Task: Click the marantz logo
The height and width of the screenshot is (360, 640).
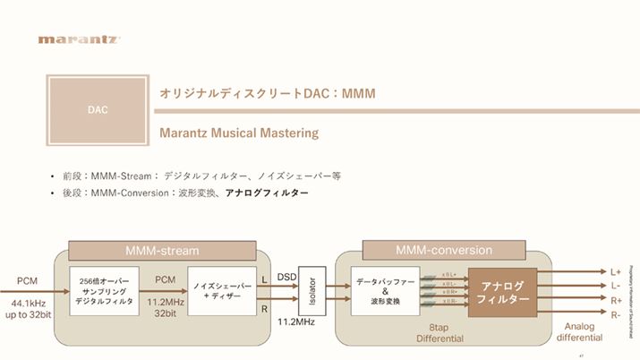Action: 79,39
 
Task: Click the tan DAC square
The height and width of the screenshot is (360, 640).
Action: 98,111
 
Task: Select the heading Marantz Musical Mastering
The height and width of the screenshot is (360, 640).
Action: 238,133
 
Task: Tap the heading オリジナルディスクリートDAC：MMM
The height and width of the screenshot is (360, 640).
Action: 267,93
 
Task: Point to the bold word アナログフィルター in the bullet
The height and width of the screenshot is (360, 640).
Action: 267,193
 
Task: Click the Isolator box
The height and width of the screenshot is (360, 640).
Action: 311,289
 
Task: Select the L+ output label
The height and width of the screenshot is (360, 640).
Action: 616,271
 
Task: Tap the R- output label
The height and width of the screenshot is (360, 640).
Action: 616,315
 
